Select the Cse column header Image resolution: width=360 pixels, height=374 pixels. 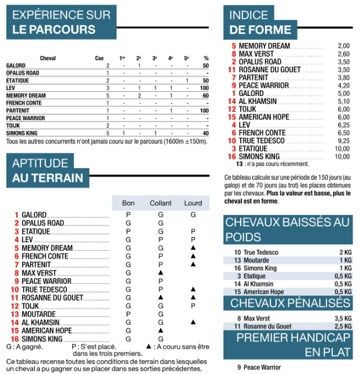tap(99, 58)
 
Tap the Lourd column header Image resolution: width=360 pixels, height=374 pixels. tap(193, 203)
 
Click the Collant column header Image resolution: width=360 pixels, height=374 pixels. tap(160, 203)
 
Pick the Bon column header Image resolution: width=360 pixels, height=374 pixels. tap(128, 203)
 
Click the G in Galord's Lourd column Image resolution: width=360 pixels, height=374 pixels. tap(193, 215)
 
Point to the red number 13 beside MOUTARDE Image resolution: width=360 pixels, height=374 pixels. tap(15, 314)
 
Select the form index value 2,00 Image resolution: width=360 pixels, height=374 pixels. tap(344, 46)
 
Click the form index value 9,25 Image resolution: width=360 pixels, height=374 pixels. tap(344, 140)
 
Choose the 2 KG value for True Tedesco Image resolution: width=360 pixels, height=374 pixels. tap(345, 252)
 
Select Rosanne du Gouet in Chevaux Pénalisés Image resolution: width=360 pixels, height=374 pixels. tap(269, 327)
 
